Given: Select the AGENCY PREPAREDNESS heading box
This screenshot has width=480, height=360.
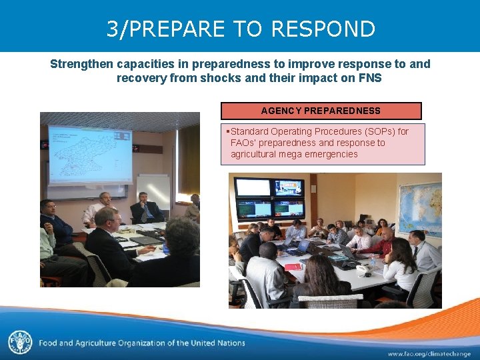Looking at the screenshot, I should tap(321, 111).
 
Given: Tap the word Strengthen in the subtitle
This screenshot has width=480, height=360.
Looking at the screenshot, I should tap(81, 64).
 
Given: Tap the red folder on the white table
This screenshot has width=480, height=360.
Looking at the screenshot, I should tap(293, 267).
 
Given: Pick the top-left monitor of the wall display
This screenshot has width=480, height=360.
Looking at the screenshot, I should tap(253, 187).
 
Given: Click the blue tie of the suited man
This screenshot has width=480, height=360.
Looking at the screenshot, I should tap(144, 213).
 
